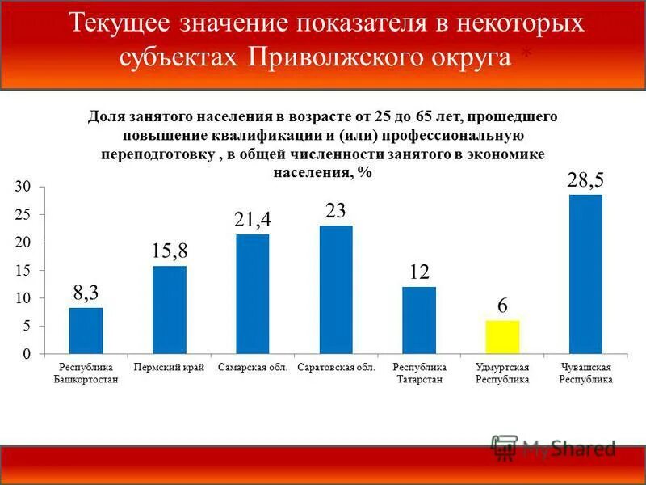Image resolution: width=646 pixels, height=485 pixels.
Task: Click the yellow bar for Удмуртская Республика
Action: tap(502, 337)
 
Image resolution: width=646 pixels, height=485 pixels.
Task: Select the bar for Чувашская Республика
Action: tap(585, 275)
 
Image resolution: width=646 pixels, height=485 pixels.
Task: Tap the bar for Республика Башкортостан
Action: tap(86, 331)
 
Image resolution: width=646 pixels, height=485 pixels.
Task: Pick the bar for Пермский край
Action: tap(170, 310)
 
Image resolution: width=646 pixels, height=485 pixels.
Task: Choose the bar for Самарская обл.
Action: tap(253, 294)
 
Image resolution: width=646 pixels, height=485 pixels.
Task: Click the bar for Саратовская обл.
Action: tap(336, 289)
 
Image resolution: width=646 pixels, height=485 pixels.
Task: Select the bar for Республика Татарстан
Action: tap(419, 320)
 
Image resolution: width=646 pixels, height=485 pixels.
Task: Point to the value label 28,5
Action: tap(585, 179)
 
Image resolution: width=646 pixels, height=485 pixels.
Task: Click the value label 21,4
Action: tap(253, 219)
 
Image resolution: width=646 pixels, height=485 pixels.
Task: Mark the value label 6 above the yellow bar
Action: tap(502, 306)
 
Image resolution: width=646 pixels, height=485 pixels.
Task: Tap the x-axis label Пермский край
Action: tap(170, 368)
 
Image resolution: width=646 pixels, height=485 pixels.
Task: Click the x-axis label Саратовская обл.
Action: tap(336, 368)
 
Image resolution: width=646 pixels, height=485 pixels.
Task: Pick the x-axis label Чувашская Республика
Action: tap(586, 373)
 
